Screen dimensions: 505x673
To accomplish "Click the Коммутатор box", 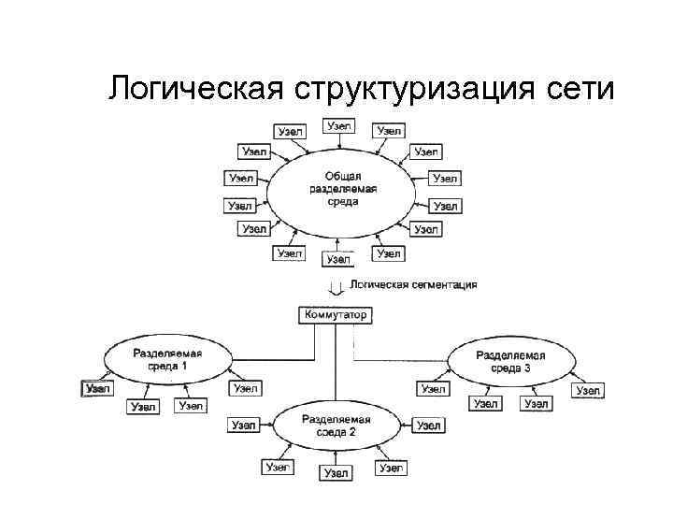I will (x=336, y=315).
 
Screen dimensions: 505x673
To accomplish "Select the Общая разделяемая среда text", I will (x=343, y=189).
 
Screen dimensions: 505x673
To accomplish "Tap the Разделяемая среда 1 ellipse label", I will (x=166, y=360).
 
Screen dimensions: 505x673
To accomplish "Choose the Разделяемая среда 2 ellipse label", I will (x=336, y=426).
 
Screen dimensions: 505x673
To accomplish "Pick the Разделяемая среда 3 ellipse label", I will (x=509, y=361).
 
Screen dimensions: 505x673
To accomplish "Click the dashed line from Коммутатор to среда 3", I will (x=402, y=360).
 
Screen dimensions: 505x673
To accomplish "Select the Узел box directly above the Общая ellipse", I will (x=338, y=125).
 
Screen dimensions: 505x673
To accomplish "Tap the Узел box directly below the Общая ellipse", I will (x=337, y=259).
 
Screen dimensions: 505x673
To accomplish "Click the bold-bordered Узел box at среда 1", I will (x=97, y=388).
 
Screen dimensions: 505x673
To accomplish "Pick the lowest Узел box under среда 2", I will (x=336, y=474).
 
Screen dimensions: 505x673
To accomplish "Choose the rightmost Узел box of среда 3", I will (x=587, y=390).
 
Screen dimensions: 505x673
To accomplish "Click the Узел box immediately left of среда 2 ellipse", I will (x=243, y=426).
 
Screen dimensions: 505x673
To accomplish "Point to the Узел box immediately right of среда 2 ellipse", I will (x=428, y=426).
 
